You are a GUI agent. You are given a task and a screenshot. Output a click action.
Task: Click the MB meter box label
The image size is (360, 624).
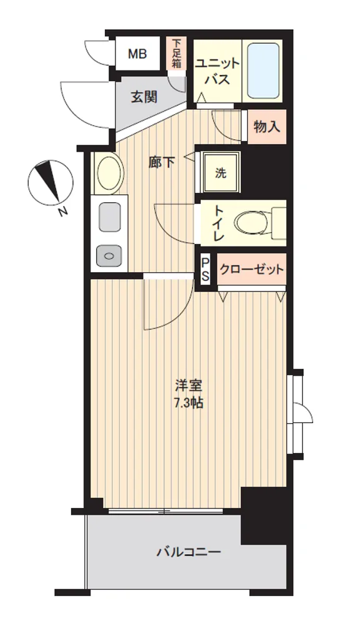(x=137, y=53)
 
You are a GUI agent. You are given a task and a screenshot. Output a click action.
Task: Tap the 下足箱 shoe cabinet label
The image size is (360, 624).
(x=177, y=53)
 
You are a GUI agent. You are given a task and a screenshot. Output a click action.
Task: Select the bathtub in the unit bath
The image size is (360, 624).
(x=263, y=71)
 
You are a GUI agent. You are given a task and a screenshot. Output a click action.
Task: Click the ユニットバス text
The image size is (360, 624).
(x=218, y=72)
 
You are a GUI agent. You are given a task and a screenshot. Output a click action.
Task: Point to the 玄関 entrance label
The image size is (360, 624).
(x=144, y=97)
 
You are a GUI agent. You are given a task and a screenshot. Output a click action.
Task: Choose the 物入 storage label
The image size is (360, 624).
(x=267, y=127)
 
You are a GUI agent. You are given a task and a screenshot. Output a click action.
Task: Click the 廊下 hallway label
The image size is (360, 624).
(x=161, y=162)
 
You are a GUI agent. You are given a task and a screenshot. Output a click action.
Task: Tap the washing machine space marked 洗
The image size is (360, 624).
(x=221, y=173)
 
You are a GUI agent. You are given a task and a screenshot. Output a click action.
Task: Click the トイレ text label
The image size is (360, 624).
(x=219, y=222)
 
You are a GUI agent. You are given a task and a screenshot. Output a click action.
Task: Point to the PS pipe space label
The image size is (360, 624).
(x=205, y=270)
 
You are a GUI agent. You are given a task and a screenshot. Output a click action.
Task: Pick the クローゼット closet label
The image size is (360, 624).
(x=252, y=270)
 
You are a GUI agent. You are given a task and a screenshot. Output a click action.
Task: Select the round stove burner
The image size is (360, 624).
(x=110, y=255)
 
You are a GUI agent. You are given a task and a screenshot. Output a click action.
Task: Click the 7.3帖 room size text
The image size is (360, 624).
(x=188, y=404)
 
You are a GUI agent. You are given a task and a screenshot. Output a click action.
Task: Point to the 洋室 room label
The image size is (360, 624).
(x=189, y=386)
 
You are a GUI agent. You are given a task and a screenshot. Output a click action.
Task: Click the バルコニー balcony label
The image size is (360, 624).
(x=188, y=552)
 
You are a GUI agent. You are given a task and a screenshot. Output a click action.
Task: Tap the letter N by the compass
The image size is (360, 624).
(x=63, y=212)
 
